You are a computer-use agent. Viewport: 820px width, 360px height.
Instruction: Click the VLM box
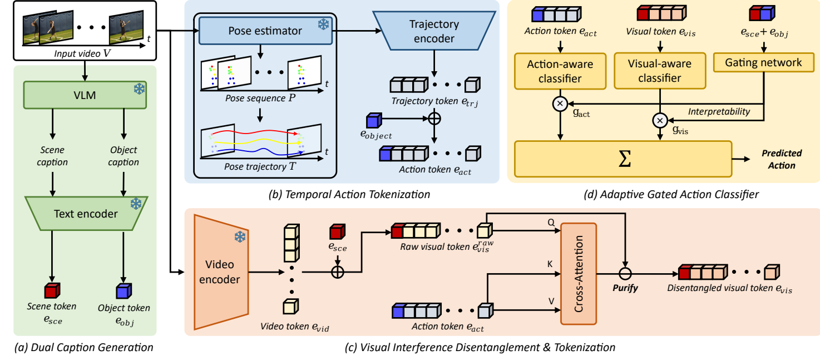[85, 95]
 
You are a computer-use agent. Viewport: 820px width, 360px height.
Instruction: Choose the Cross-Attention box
[579, 274]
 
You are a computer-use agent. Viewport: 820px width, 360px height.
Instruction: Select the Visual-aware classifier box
[660, 71]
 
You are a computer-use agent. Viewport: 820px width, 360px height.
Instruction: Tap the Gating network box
[763, 63]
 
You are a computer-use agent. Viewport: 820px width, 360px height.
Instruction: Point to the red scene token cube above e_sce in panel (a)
[52, 290]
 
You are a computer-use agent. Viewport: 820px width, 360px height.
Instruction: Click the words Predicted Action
[782, 159]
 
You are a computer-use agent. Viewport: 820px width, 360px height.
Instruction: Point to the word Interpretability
[719, 112]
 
